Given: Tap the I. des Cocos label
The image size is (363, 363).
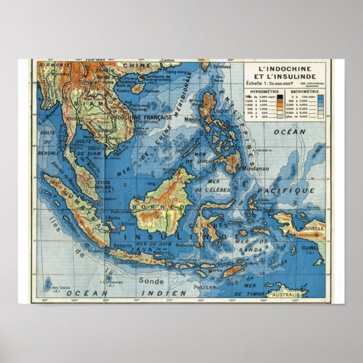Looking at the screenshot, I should (56, 288).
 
